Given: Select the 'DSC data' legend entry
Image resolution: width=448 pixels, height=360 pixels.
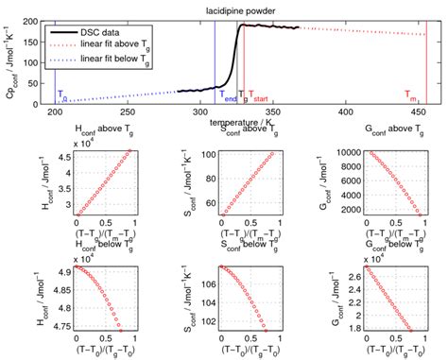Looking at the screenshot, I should (107, 33).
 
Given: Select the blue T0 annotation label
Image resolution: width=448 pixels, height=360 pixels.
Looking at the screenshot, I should (63, 96).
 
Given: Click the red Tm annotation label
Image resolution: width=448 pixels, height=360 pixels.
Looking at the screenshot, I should (412, 96).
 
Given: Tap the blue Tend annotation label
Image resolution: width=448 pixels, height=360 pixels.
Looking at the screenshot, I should (228, 96).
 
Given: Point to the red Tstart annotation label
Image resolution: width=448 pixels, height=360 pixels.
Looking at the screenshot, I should (259, 96).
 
